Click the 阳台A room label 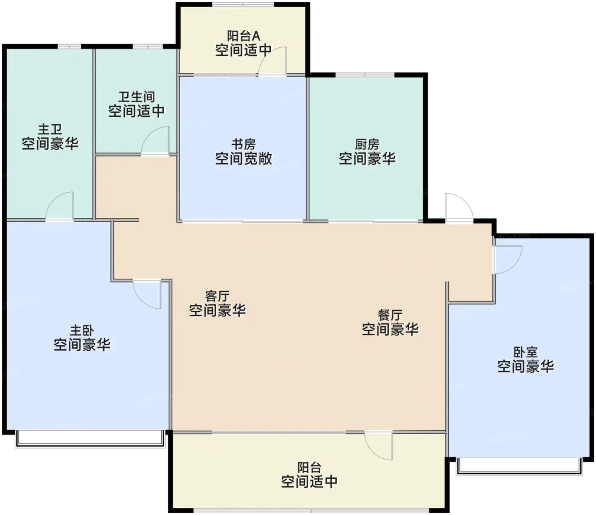pos(244,36)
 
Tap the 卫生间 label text pos(137,97)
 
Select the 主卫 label pos(50,130)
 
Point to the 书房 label pos(244,145)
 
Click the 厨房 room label pos(367,145)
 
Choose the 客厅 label pos(218,296)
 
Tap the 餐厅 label pos(390,315)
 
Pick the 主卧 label pos(82,330)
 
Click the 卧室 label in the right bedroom pos(525,352)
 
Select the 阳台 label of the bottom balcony pos(309,467)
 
